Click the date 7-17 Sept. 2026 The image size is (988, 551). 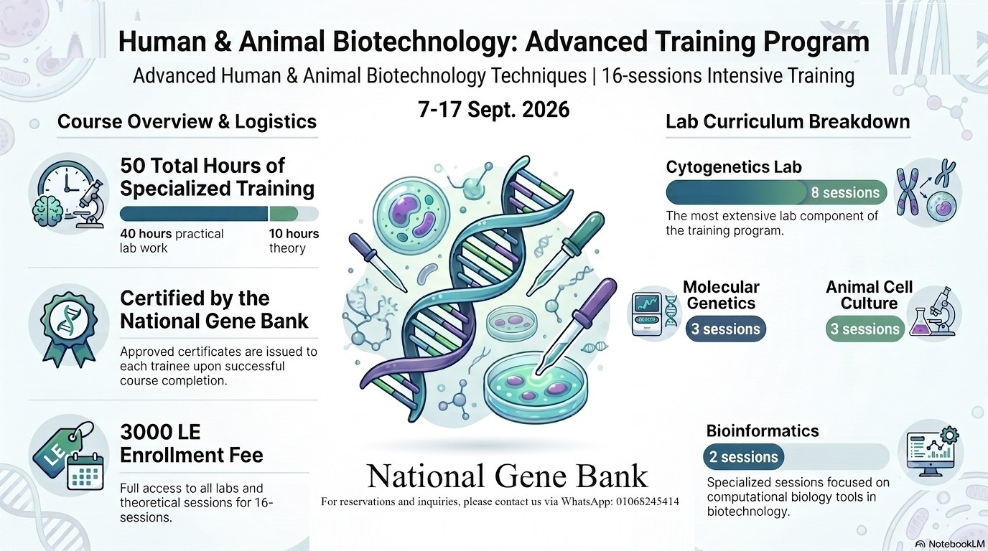(x=493, y=109)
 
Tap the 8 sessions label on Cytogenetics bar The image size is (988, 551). (x=845, y=192)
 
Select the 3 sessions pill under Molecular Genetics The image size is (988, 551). (x=725, y=329)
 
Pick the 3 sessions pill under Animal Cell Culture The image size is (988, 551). (x=865, y=329)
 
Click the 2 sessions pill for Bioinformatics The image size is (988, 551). (x=744, y=457)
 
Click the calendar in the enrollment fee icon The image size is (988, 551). (x=85, y=471)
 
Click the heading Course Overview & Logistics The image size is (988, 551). (x=187, y=122)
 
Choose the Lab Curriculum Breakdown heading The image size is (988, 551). (x=788, y=122)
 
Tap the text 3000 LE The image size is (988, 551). (x=160, y=432)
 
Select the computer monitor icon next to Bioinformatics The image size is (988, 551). (x=931, y=453)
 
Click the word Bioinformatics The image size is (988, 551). (x=763, y=430)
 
